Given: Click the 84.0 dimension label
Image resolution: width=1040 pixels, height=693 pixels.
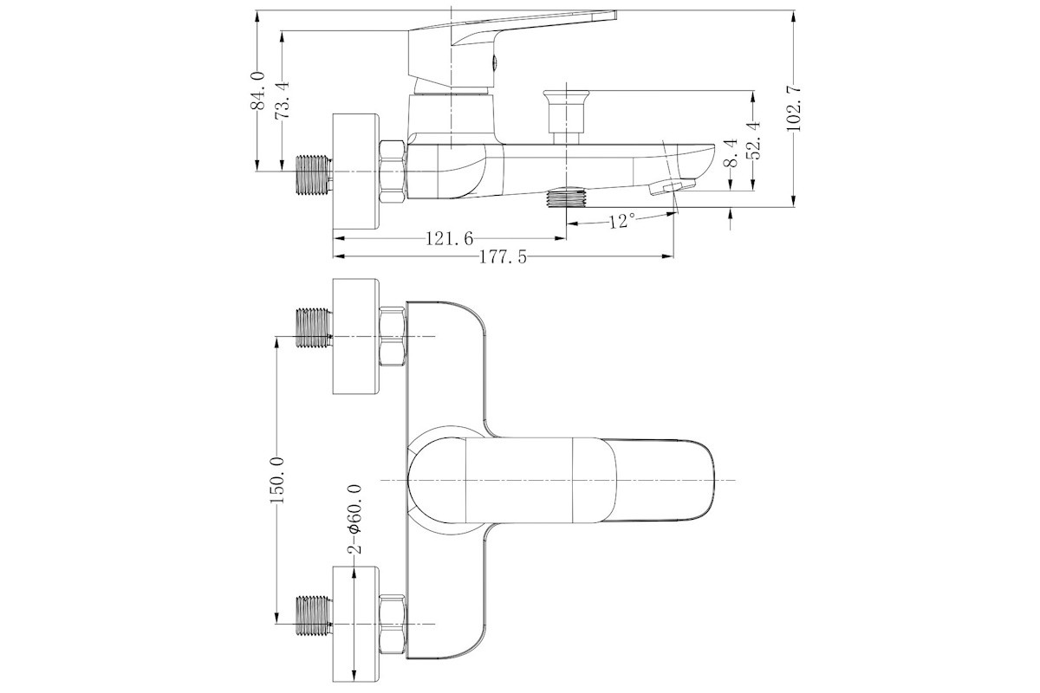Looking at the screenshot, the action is (x=257, y=90).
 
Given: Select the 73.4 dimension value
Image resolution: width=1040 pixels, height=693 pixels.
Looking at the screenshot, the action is (x=282, y=100).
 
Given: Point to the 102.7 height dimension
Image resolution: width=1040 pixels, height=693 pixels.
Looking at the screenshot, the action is (x=794, y=108).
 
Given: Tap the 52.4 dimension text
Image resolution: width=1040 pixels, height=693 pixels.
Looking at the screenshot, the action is (x=752, y=140).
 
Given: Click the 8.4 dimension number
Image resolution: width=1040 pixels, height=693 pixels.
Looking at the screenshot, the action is (x=731, y=152).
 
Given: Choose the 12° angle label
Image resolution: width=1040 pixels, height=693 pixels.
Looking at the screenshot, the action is (x=622, y=222).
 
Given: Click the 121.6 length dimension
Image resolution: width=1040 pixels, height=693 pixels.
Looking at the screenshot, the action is (x=450, y=239).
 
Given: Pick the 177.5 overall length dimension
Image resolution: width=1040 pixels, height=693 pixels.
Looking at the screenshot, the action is (x=504, y=256).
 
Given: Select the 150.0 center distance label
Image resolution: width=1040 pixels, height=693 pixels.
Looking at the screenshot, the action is (x=276, y=480).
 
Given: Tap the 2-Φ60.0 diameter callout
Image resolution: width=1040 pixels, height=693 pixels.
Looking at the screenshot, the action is (x=354, y=519).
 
